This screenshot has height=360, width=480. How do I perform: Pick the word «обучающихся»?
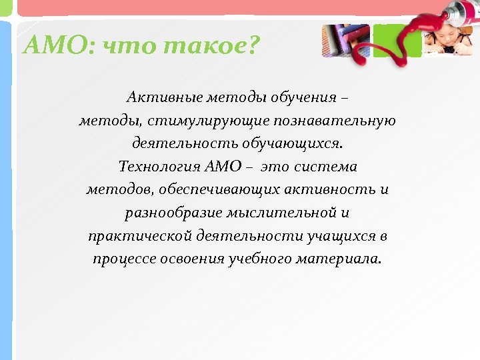point(289,143)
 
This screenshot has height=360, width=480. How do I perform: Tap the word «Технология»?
point(154,167)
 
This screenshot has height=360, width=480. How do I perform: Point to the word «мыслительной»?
point(279,213)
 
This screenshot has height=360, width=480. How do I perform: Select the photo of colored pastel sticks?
point(345,41)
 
